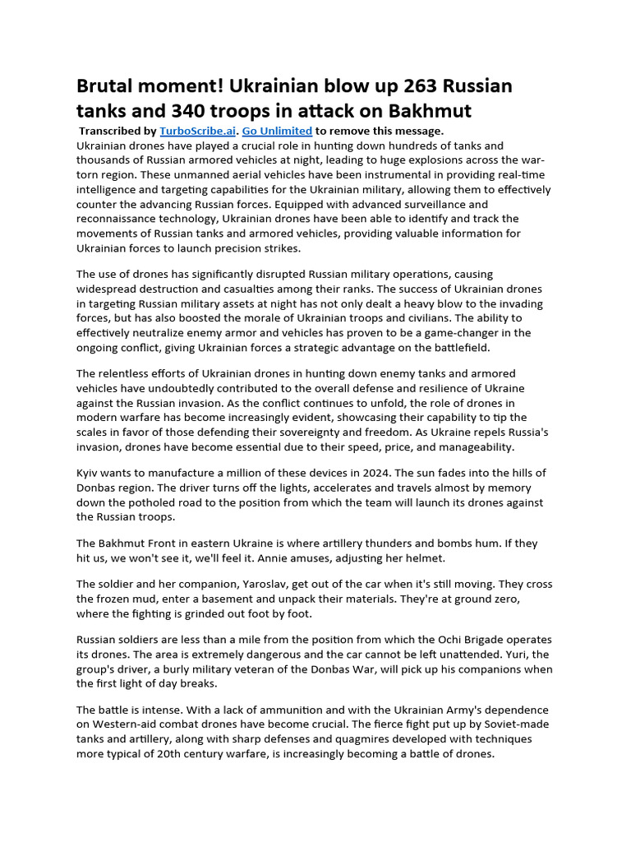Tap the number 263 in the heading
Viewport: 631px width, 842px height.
pyautogui.click(x=397, y=86)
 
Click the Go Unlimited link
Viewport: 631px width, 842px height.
pyautogui.click(x=277, y=131)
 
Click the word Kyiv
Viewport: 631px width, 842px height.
pyautogui.click(x=90, y=473)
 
